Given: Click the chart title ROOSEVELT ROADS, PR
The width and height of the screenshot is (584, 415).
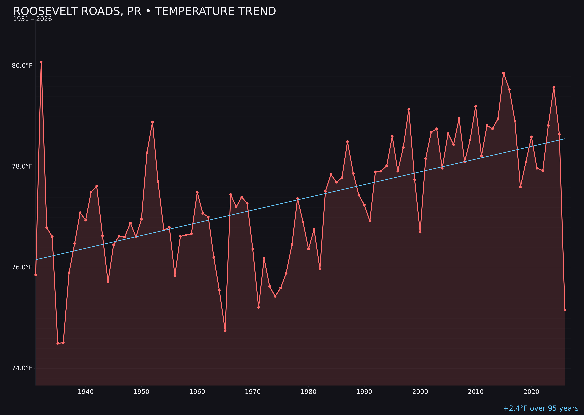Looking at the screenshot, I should (144, 11).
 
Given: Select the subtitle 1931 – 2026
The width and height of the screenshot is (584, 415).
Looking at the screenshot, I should (32, 19).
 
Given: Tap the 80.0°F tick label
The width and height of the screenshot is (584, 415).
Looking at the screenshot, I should (22, 66).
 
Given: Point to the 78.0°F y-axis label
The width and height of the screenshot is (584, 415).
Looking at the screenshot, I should (22, 167).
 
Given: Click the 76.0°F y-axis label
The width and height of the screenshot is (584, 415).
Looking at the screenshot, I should (22, 267).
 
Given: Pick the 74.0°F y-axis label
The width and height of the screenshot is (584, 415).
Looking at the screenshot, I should (22, 368).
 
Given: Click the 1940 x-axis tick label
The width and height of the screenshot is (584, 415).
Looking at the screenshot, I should (86, 392).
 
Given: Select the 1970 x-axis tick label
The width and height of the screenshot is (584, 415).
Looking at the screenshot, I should (253, 392).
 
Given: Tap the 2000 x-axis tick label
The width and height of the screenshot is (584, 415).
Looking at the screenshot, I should (420, 392).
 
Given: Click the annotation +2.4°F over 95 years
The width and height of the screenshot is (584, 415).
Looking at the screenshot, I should (540, 408).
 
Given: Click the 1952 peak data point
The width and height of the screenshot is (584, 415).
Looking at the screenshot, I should (152, 122).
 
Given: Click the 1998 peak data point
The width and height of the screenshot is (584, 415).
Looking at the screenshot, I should (409, 109).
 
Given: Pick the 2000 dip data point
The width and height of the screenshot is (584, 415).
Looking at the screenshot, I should (420, 232).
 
